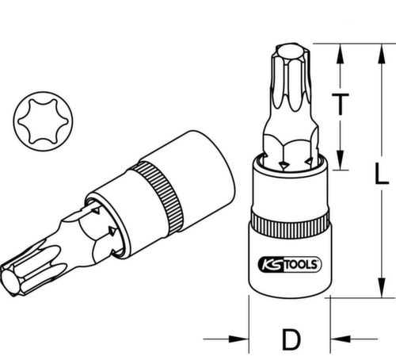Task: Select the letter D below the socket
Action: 291,340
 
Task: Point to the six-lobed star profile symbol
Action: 38,120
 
